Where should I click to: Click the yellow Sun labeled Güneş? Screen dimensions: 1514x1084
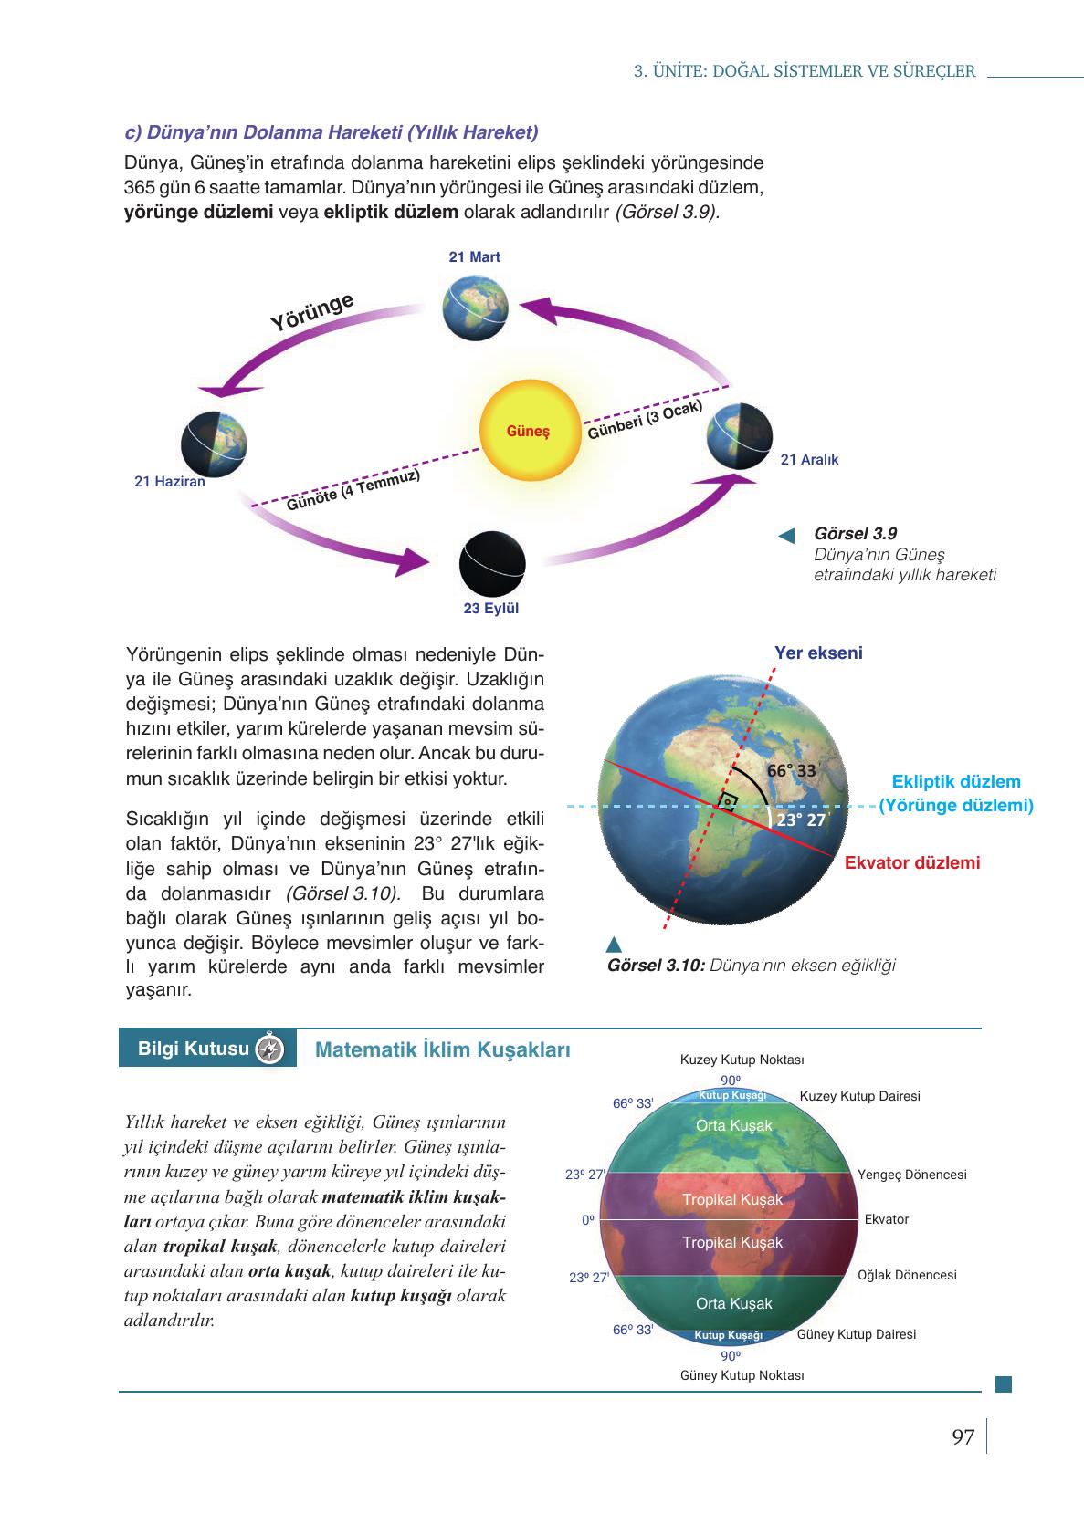[529, 430]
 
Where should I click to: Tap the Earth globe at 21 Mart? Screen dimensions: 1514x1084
[475, 308]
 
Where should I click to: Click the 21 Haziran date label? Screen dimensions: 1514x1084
[170, 482]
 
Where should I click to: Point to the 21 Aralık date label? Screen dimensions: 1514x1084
[809, 460]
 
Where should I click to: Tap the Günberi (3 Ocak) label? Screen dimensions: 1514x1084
[645, 419]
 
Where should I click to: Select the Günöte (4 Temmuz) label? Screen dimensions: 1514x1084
[353, 490]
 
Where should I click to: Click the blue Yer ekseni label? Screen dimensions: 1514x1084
[818, 653]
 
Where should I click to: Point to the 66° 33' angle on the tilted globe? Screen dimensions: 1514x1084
[790, 770]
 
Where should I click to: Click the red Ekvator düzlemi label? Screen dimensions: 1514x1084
[911, 862]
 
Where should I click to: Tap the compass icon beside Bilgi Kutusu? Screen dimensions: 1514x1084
[271, 1049]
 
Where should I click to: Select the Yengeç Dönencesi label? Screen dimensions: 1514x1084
[911, 1175]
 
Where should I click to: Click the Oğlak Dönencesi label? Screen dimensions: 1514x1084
[907, 1275]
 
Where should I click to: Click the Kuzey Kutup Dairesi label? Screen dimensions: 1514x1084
[859, 1096]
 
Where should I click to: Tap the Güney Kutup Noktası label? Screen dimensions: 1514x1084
[742, 1375]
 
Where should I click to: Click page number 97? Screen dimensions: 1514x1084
[963, 1437]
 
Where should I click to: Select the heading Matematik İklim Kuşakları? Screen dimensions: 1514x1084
[442, 1049]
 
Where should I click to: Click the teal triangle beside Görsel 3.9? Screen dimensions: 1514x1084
[786, 535]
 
